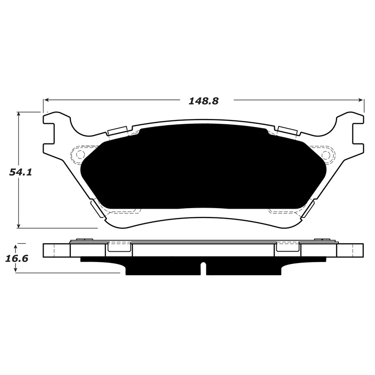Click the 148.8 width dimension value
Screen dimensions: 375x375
click(203, 101)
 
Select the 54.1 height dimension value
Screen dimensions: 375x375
click(21, 172)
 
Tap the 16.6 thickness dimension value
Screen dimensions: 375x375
click(17, 258)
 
